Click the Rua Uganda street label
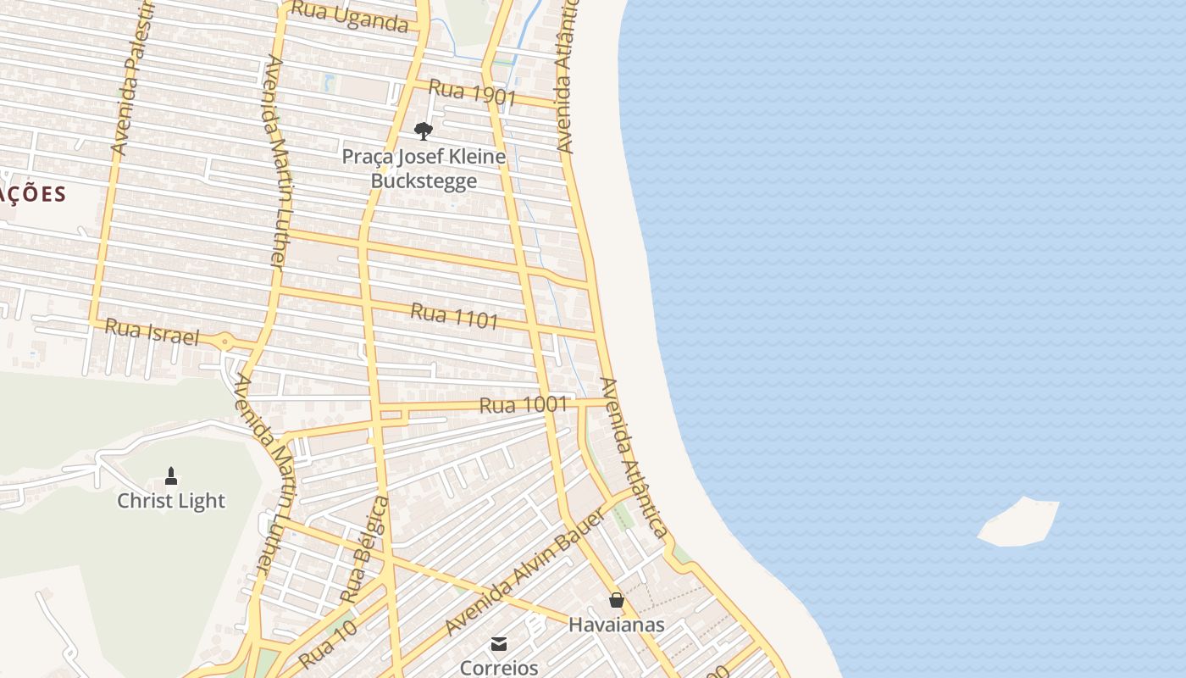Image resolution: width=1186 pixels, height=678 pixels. [350, 17]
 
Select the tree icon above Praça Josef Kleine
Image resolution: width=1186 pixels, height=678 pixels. [424, 131]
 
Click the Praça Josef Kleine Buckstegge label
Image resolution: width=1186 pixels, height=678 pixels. [424, 169]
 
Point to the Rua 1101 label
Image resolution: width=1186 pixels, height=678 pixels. [454, 317]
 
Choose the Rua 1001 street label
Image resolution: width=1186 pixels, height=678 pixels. [523, 405]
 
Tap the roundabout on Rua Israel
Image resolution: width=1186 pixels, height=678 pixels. [225, 342]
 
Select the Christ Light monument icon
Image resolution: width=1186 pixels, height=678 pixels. [171, 475]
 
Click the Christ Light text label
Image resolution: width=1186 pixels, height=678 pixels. [171, 501]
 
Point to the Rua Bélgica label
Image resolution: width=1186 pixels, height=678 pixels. [363, 550]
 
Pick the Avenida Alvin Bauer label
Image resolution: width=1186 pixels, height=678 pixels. [525, 572]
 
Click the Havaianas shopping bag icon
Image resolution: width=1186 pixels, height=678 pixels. [617, 600]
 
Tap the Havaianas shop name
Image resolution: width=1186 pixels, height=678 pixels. [616, 625]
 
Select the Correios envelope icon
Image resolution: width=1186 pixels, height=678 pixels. [499, 644]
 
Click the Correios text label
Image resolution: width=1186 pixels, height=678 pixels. [499, 668]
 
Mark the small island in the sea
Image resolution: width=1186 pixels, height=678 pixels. [1019, 521]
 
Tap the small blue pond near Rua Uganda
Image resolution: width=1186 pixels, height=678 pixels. [329, 82]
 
